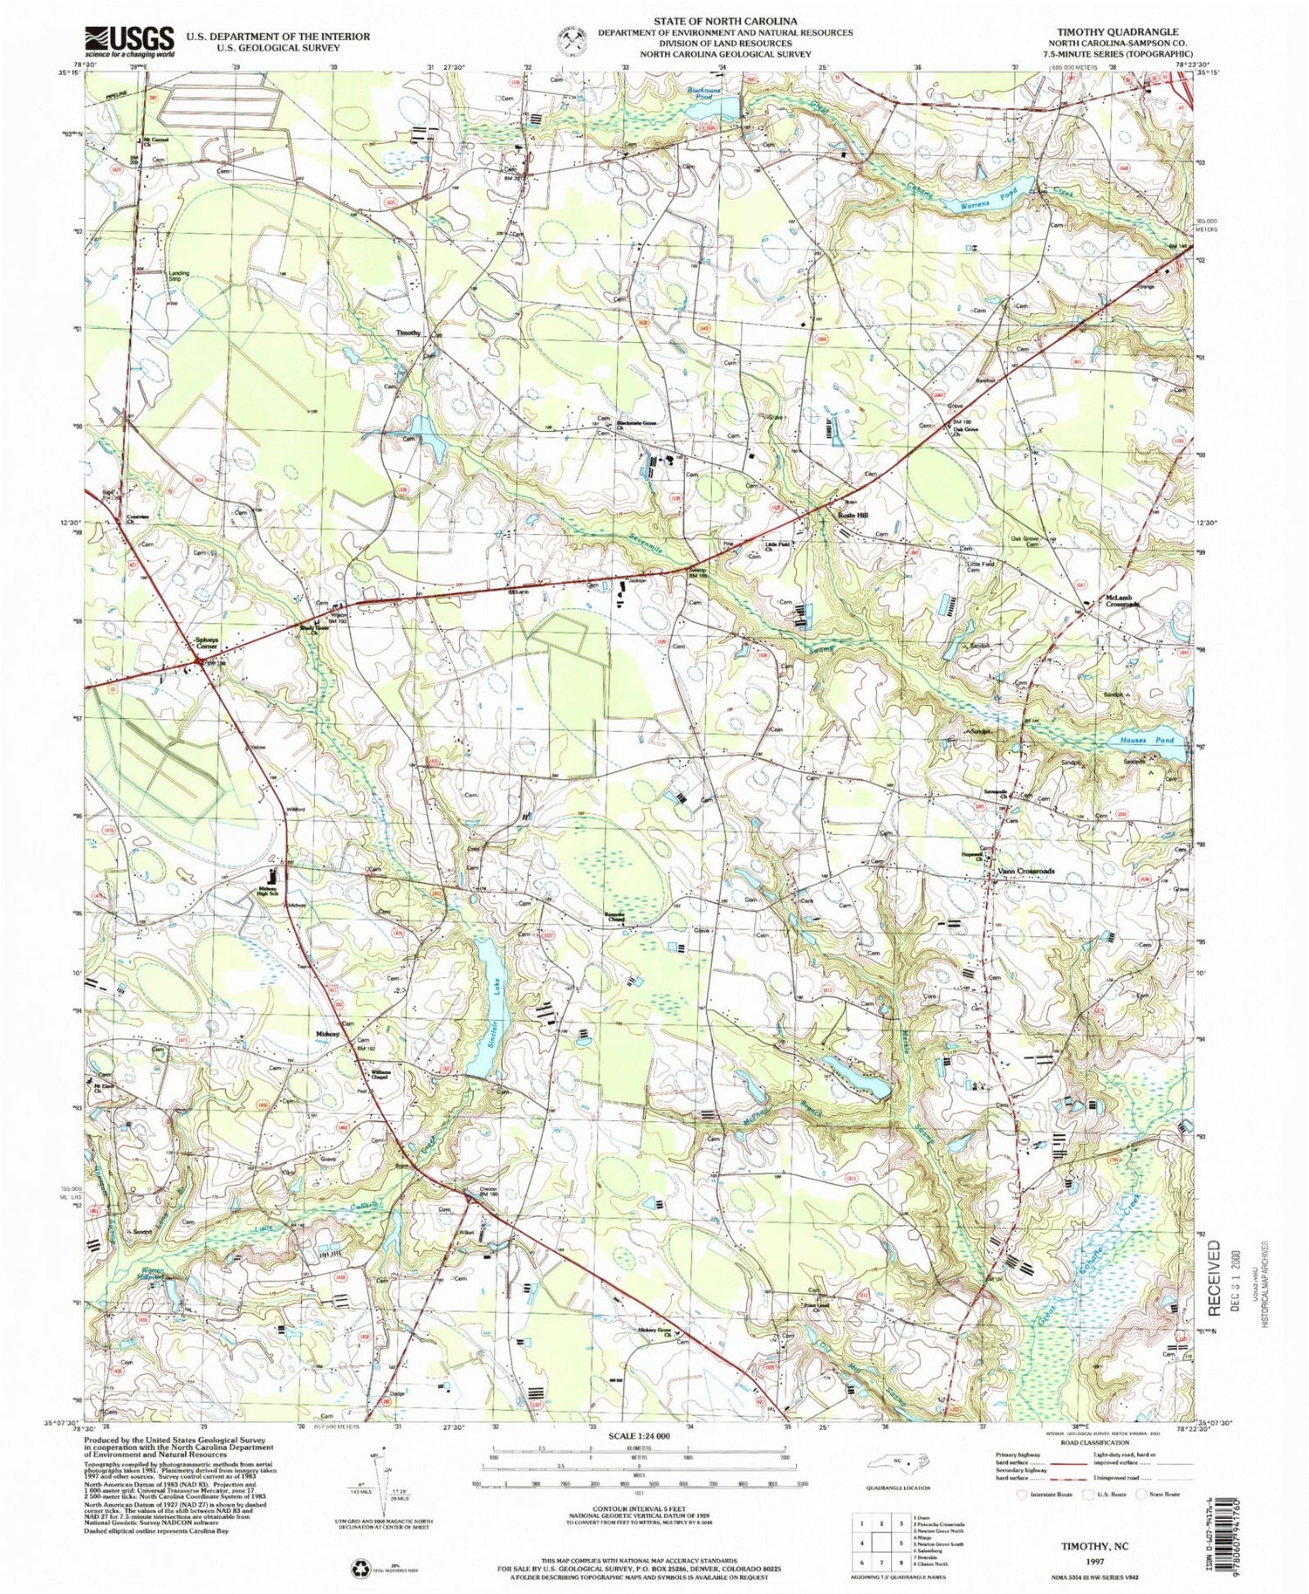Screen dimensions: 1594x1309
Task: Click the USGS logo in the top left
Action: (x=129, y=39)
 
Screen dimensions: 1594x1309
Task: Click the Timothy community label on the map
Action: (x=408, y=332)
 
